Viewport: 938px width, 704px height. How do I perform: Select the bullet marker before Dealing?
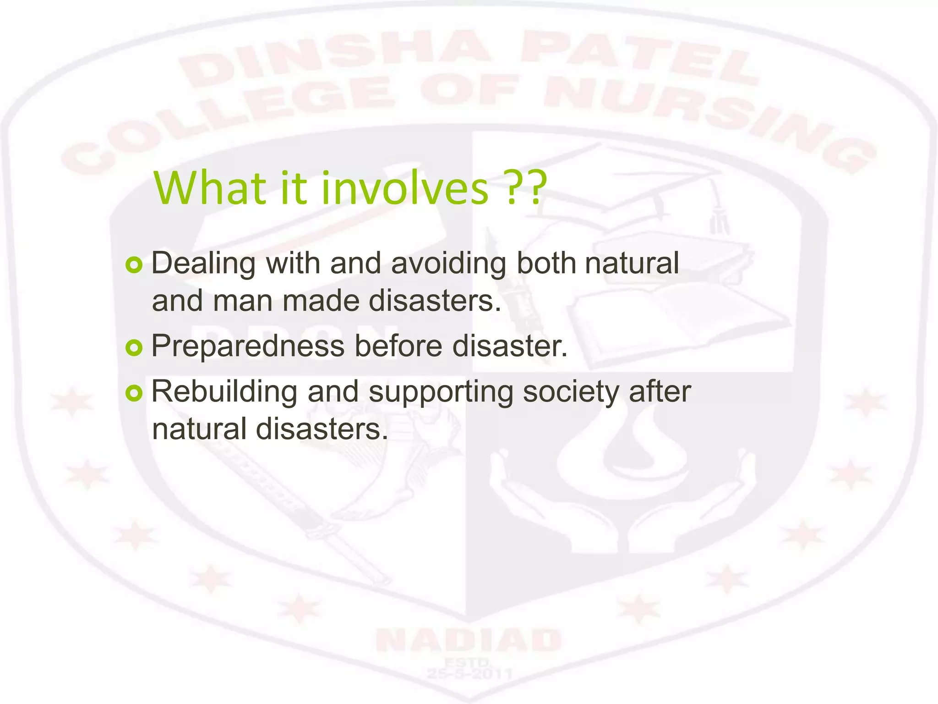(134, 265)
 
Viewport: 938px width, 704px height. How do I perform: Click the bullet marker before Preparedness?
(134, 348)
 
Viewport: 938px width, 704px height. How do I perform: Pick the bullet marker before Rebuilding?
(134, 393)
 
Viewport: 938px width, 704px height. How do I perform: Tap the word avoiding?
(448, 264)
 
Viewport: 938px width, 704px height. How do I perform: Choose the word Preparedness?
(248, 346)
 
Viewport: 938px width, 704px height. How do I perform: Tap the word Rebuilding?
(224, 392)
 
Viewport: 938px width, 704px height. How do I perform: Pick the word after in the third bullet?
(660, 392)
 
